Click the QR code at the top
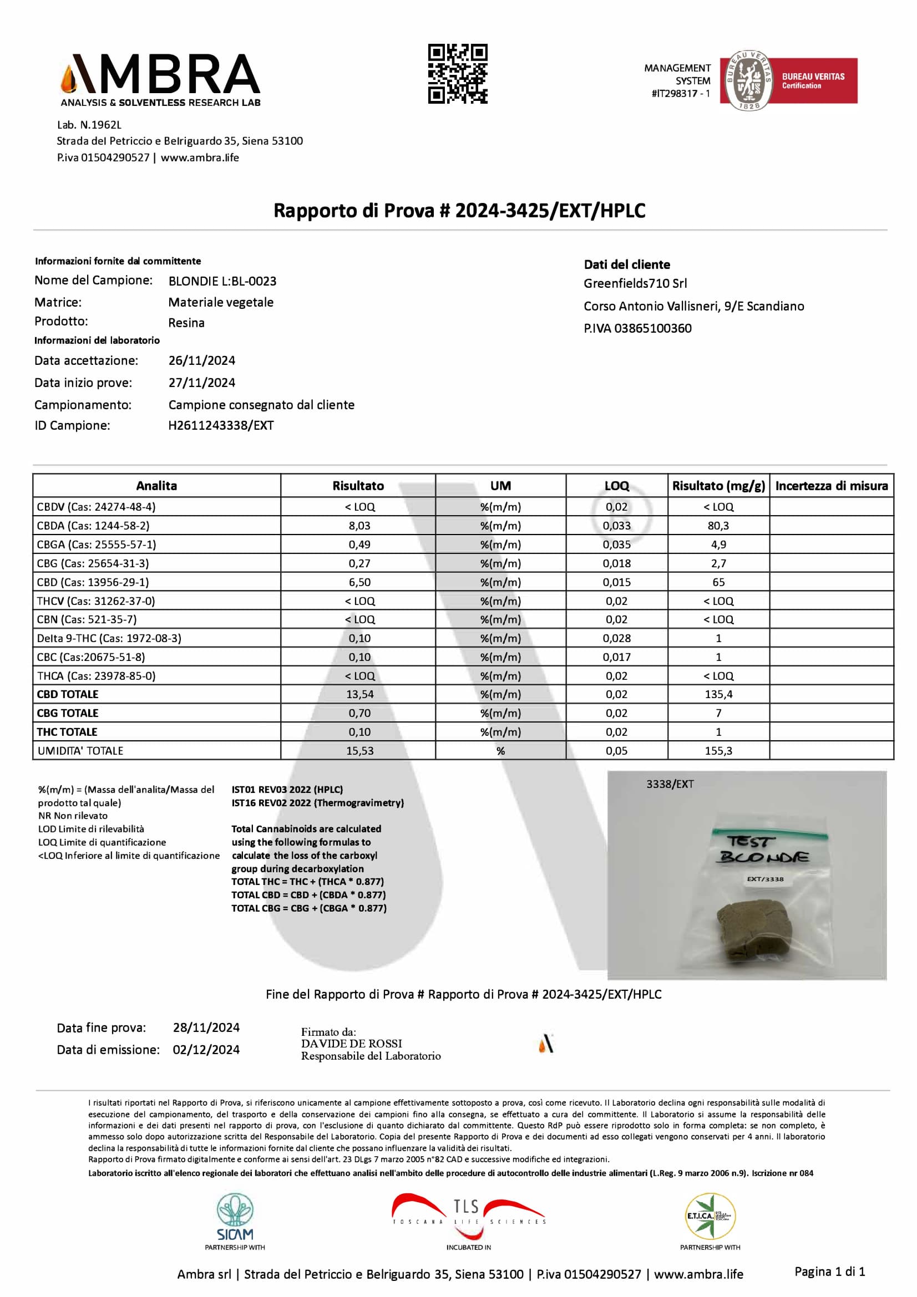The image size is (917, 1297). tap(457, 74)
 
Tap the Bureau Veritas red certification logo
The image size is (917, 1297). tap(788, 80)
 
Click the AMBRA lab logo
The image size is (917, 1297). tap(160, 80)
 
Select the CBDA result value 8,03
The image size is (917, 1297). tap(359, 526)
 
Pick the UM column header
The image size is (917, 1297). tap(500, 486)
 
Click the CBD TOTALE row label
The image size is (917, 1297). tap(68, 694)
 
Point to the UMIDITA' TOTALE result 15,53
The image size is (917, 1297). tap(359, 751)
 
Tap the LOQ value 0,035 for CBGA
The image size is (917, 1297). tap(616, 545)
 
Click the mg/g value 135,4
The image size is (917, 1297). tap(718, 694)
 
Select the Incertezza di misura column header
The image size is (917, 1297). tap(831, 486)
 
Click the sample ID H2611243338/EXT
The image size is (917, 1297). tap(221, 425)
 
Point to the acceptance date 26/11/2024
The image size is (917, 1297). tap(202, 360)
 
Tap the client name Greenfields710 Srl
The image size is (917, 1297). tap(635, 283)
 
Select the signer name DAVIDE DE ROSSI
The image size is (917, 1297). tap(351, 1044)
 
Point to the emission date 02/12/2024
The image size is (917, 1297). tap(206, 1050)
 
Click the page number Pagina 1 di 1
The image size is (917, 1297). tap(829, 1271)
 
